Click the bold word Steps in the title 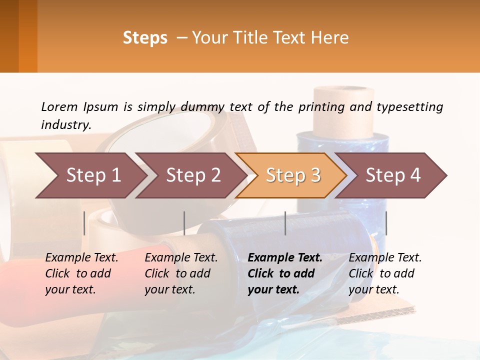[145, 38]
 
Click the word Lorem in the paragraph [59, 106]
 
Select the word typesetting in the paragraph [409, 107]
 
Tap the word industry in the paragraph [66, 125]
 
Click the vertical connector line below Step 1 [84, 223]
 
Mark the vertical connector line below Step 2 [184, 223]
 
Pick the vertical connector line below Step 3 [285, 223]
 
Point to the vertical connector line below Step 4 [386, 223]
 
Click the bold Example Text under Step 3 [285, 258]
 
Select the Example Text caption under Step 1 [81, 258]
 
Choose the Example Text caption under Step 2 [181, 258]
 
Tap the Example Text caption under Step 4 [385, 258]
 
